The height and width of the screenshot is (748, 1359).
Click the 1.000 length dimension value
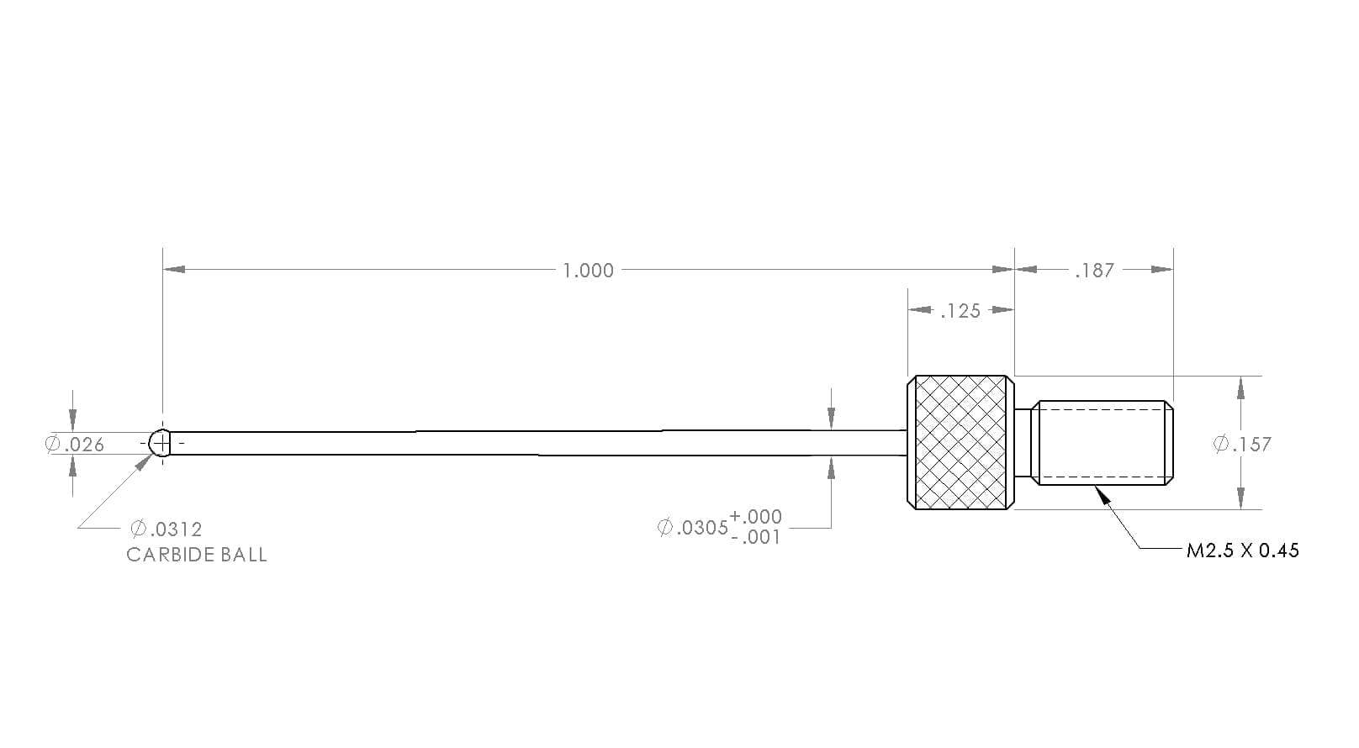[x=588, y=271]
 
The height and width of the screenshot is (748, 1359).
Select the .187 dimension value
[x=1094, y=271]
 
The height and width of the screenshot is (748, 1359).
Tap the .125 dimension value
[x=960, y=311]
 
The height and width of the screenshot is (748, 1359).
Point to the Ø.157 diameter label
[x=1242, y=445]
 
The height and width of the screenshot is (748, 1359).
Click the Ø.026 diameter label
[x=75, y=445]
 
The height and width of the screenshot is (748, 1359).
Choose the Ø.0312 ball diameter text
[x=167, y=529]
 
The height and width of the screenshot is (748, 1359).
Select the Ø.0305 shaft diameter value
[x=692, y=527]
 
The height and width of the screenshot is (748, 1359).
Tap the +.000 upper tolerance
[x=755, y=516]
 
